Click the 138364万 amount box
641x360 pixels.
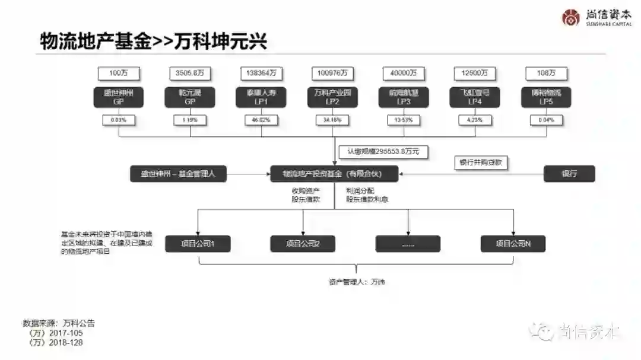point(261,73)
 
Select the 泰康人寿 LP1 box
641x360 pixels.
point(261,97)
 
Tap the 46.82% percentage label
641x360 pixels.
point(261,120)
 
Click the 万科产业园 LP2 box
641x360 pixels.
point(332,97)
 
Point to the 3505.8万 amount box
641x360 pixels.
point(190,73)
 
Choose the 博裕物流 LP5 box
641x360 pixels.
point(546,97)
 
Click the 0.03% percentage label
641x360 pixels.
point(119,120)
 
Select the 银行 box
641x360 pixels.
point(569,174)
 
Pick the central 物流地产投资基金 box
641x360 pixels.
point(334,174)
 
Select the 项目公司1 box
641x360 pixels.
point(198,243)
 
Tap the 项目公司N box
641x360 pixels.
point(513,243)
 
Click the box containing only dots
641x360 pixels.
point(408,243)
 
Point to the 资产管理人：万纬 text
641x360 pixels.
point(357,281)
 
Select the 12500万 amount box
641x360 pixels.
point(475,73)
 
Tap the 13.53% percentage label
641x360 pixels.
point(404,120)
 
